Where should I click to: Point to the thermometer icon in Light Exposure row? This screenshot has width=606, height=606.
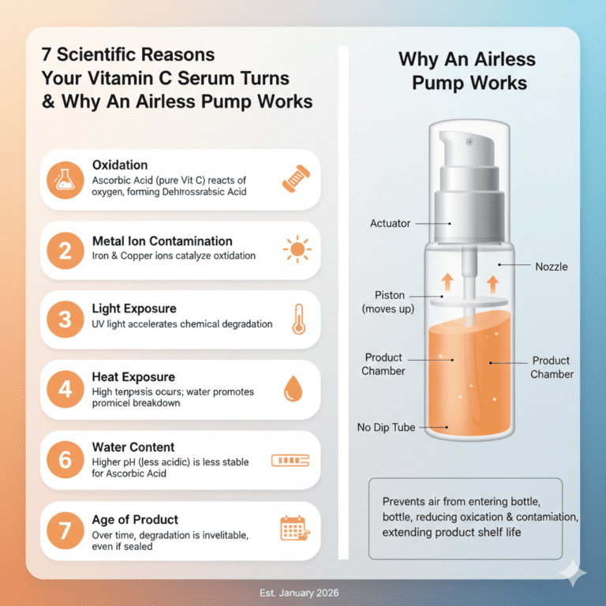pyautogui.click(x=297, y=320)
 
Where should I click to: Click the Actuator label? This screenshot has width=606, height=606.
pyautogui.click(x=390, y=223)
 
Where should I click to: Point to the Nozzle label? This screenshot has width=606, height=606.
pyautogui.click(x=550, y=267)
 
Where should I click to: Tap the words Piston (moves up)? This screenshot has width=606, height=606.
pyautogui.click(x=387, y=301)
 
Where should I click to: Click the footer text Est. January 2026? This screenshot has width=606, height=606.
pyautogui.click(x=302, y=593)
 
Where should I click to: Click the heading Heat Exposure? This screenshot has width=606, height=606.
pyautogui.click(x=133, y=377)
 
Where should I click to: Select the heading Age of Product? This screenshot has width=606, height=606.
pyautogui.click(x=135, y=520)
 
